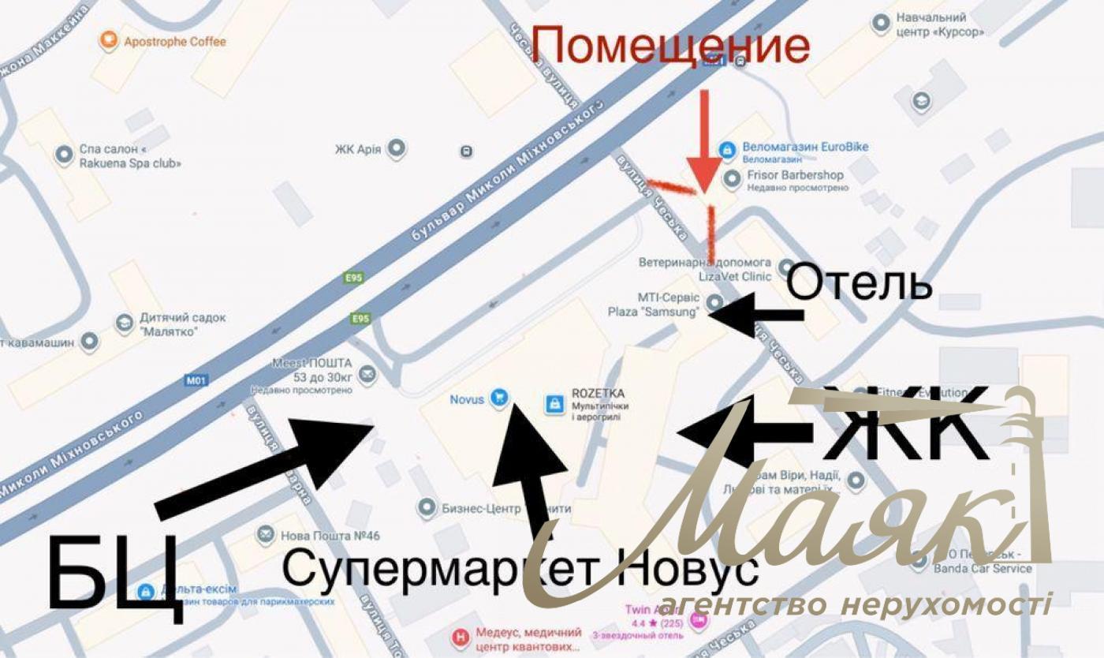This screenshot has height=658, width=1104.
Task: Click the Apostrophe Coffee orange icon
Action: click(x=110, y=41)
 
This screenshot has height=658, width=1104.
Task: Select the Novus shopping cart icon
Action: click(x=498, y=398)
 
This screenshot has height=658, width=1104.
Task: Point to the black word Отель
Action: click(x=860, y=285)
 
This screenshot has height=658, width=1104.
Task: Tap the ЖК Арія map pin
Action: click(x=397, y=148)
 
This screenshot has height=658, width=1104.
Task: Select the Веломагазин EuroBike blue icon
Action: click(x=729, y=148)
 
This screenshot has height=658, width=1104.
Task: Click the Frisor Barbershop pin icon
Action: click(x=733, y=177)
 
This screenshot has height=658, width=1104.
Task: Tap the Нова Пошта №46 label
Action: click(x=330, y=536)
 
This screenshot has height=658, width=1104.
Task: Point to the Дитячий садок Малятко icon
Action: click(x=125, y=323)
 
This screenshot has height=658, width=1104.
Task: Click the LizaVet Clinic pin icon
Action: click(x=785, y=267)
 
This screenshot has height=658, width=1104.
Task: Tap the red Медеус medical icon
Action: click(x=459, y=636)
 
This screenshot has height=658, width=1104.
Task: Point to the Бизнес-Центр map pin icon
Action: click(x=427, y=508)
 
